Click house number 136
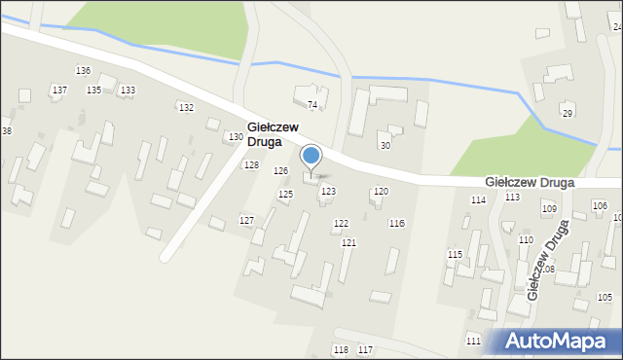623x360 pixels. coord(84,71)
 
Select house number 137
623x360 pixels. coord(59,90)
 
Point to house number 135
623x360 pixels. coord(93,90)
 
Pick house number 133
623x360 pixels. coord(128,90)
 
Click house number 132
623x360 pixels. coord(186,107)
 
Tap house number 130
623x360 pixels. coord(236,137)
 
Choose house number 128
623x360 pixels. coord(251,165)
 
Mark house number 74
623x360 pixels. coord(312,104)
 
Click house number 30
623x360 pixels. coord(385,145)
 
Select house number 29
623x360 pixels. coord(568,114)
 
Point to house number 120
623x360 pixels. coord(381,192)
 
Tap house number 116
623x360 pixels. coord(396,224)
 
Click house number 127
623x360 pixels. coord(246,221)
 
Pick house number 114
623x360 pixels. coord(478,199)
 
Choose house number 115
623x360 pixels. coord(455,254)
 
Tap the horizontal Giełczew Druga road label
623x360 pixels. coord(529,182)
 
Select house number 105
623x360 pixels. coord(605,297)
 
